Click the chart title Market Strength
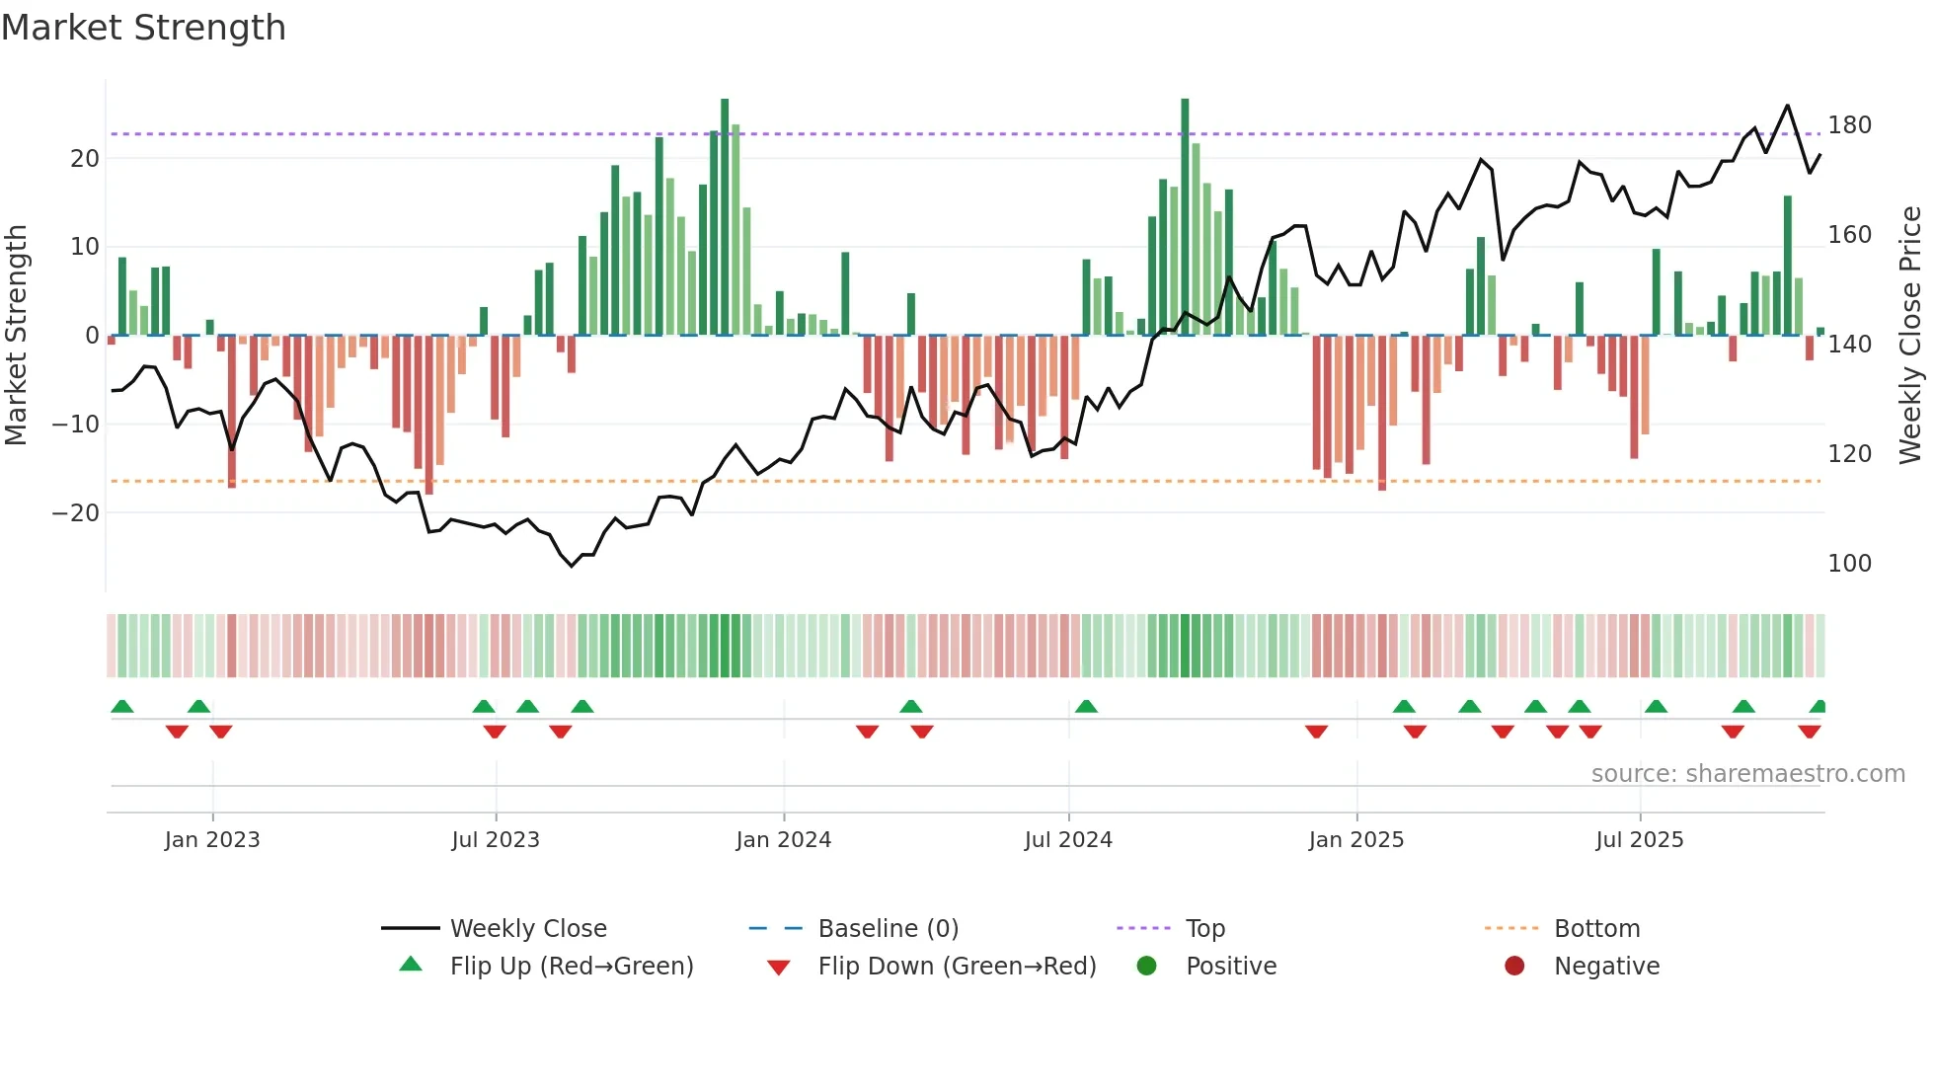[x=144, y=28]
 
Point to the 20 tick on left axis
[x=85, y=159]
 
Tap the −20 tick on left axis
[x=76, y=513]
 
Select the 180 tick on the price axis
[x=1849, y=125]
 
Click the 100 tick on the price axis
[x=1849, y=564]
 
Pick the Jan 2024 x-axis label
[x=783, y=840]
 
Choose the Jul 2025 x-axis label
[x=1639, y=840]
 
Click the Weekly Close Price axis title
[x=1910, y=336]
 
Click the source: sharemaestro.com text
[x=1747, y=774]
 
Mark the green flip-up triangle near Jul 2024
[x=1086, y=706]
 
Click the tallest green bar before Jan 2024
[x=725, y=217]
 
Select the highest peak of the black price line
[x=1787, y=106]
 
